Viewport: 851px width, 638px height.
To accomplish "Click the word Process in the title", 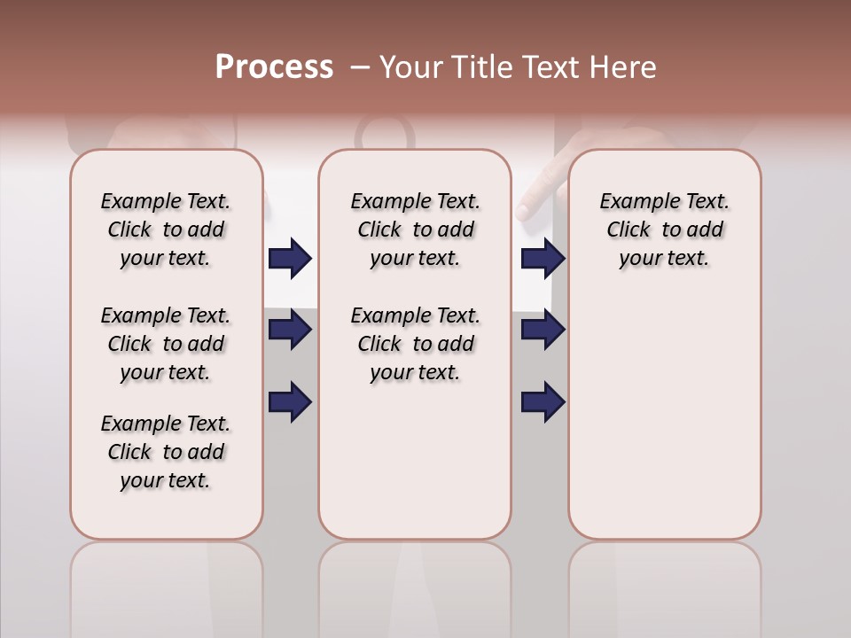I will pyautogui.click(x=274, y=67).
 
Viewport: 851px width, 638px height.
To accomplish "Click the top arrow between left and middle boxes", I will pyautogui.click(x=290, y=258).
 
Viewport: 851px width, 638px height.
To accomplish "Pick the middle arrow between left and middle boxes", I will pyautogui.click(x=290, y=330).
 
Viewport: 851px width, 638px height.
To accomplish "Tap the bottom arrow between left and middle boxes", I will pyautogui.click(x=290, y=401).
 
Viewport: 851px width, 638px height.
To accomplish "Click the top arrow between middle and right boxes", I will pyautogui.click(x=543, y=258).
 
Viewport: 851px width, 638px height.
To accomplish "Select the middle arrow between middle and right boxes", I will pyautogui.click(x=543, y=330).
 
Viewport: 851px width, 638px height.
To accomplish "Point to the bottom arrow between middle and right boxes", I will pyautogui.click(x=543, y=401).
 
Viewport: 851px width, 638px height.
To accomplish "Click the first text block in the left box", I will pyautogui.click(x=166, y=230).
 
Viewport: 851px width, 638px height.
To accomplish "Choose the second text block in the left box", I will pyautogui.click(x=166, y=344).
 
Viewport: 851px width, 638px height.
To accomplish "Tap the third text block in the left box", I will pyautogui.click(x=166, y=452).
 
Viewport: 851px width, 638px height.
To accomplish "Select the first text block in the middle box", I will pyautogui.click(x=415, y=230).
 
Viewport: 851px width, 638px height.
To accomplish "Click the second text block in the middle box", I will pyautogui.click(x=415, y=344).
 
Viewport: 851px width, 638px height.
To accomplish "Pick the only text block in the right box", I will pyautogui.click(x=664, y=230).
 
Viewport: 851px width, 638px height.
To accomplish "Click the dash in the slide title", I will pyautogui.click(x=360, y=67).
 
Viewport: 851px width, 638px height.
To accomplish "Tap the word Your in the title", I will pyautogui.click(x=411, y=67).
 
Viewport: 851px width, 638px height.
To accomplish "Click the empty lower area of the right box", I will pyautogui.click(x=664, y=416).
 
